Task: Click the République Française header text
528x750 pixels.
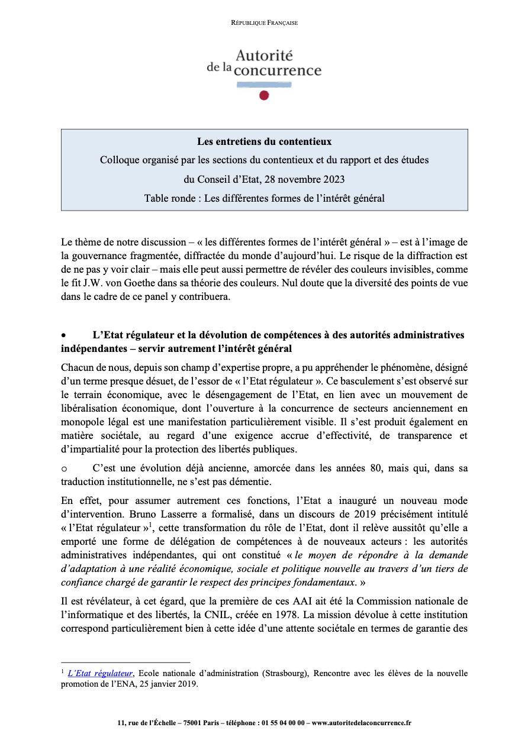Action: click(x=264, y=23)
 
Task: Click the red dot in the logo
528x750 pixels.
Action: click(x=264, y=95)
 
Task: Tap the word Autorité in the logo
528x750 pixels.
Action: click(x=264, y=56)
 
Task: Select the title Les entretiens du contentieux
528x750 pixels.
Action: click(x=264, y=142)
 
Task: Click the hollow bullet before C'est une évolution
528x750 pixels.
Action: click(x=64, y=468)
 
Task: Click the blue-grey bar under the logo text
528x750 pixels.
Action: click(x=264, y=85)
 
